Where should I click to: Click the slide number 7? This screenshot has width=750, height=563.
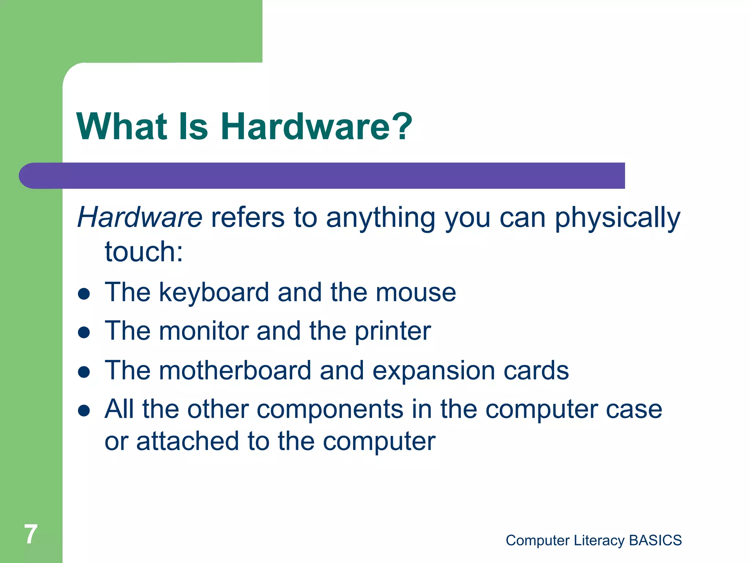click(x=31, y=534)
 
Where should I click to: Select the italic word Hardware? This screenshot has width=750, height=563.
click(x=140, y=217)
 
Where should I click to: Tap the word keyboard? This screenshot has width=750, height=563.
click(x=214, y=293)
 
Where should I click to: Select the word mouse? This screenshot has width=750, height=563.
click(x=416, y=293)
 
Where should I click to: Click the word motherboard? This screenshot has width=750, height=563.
click(x=235, y=370)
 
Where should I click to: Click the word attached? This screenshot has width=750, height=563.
click(x=187, y=441)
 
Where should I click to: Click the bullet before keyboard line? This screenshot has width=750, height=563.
click(x=84, y=294)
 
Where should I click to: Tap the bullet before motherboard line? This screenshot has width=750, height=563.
click(x=84, y=372)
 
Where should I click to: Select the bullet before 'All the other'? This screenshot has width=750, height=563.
click(x=84, y=411)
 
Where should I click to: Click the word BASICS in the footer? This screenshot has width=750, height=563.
click(x=655, y=540)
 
